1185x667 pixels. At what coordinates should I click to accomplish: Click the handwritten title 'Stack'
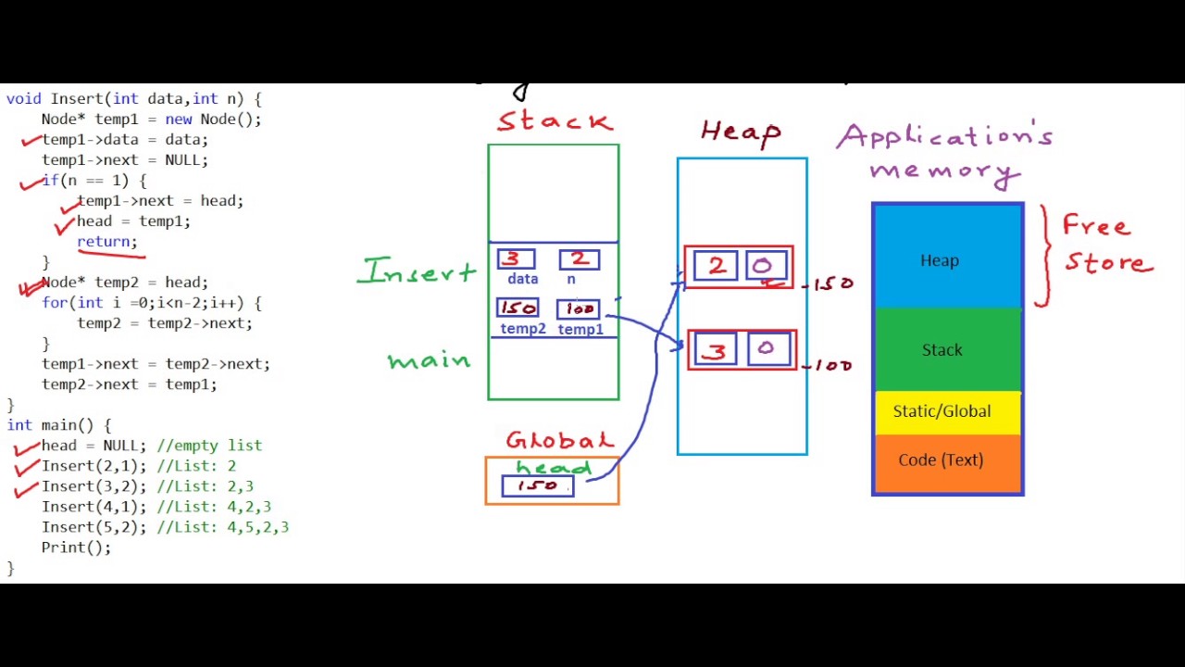pos(555,121)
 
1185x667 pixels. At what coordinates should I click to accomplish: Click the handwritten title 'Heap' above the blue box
pos(741,132)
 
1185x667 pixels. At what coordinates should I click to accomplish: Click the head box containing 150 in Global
pos(537,486)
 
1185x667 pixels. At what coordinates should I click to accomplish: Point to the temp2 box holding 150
pos(518,308)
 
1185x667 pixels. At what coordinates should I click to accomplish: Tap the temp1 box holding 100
pos(580,309)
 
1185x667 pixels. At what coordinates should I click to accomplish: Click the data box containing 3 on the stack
pos(516,260)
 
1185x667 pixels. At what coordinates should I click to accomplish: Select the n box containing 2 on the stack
pos(579,260)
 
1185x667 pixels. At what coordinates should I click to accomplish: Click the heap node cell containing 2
pos(716,267)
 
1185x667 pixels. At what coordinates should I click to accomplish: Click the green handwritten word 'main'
pos(429,361)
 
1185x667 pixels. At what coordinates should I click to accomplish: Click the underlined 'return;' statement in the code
pos(106,242)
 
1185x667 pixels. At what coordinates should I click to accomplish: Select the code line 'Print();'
pos(76,547)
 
